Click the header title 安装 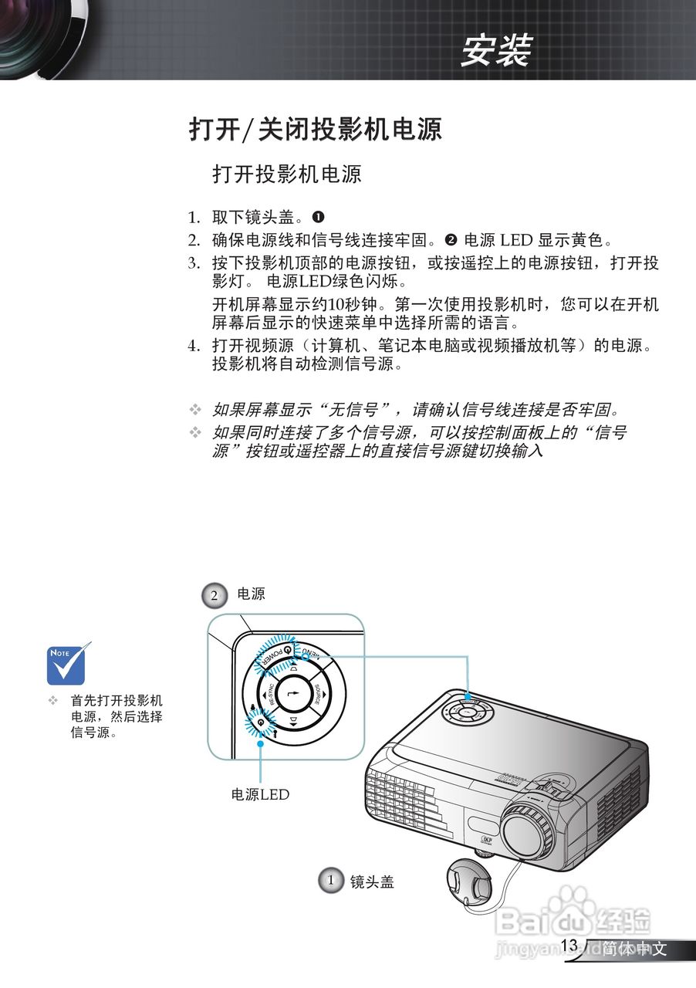pyautogui.click(x=495, y=52)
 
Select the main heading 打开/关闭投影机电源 pyautogui.click(x=316, y=129)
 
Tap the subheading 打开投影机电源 pyautogui.click(x=286, y=174)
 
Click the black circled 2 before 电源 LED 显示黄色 pyautogui.click(x=451, y=240)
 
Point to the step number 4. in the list pyautogui.click(x=194, y=346)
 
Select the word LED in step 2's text pyautogui.click(x=517, y=240)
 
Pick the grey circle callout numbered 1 pyautogui.click(x=330, y=881)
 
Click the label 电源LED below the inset pyautogui.click(x=260, y=794)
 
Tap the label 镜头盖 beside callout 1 pyautogui.click(x=372, y=881)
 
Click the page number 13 pyautogui.click(x=569, y=946)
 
